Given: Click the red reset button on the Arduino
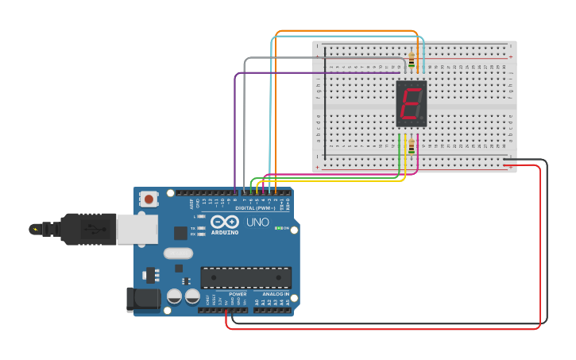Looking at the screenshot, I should click(148, 199).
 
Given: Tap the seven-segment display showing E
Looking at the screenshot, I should click(412, 103).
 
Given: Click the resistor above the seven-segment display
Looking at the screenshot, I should click(412, 60).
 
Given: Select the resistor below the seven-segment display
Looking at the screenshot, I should click(411, 146).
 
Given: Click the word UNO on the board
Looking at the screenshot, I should click(257, 223).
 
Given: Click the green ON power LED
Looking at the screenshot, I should click(277, 228).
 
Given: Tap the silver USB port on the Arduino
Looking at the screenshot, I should click(137, 229).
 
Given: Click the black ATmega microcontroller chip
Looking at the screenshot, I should click(245, 277).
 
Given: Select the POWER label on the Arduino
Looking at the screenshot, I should click(238, 294).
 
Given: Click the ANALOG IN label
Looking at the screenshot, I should click(276, 294).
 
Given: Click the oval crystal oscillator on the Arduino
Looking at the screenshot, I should click(178, 253).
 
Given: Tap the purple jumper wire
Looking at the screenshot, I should click(235, 127).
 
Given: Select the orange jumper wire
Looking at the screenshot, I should click(346, 31).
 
